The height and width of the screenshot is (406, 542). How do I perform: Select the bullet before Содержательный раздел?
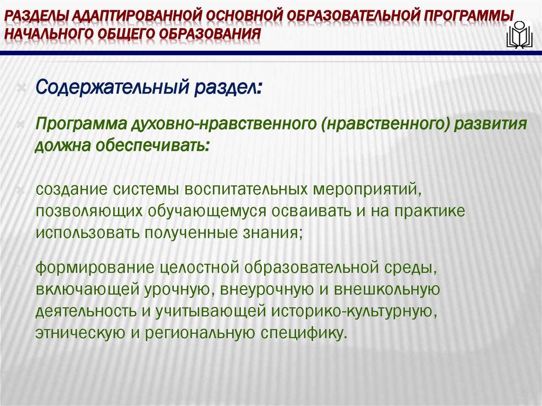point(21,86)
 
